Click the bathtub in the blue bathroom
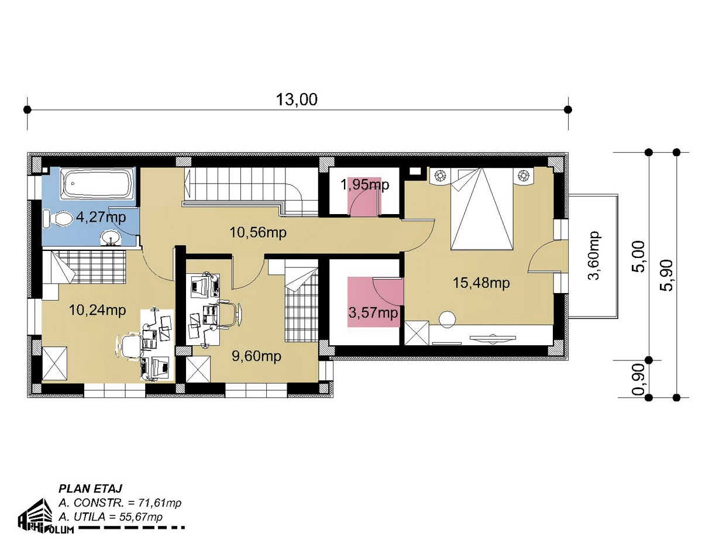coord(97,184)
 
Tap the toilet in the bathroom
coord(57,218)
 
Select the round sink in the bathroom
coord(111,238)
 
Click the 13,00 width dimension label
coord(296,99)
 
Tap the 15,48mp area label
coord(481,283)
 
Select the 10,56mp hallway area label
coord(258,232)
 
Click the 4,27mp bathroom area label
coord(101,217)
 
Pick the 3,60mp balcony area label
coord(593,256)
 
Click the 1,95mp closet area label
coord(365,185)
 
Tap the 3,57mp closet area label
coord(373,313)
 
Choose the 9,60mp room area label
coord(256,356)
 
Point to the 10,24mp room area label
coord(97,310)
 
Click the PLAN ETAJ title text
coord(90,488)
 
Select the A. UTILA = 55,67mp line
coord(111,517)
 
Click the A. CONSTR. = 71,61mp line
coord(120,502)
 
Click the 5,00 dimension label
coord(638,256)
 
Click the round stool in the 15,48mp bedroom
coord(448,319)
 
